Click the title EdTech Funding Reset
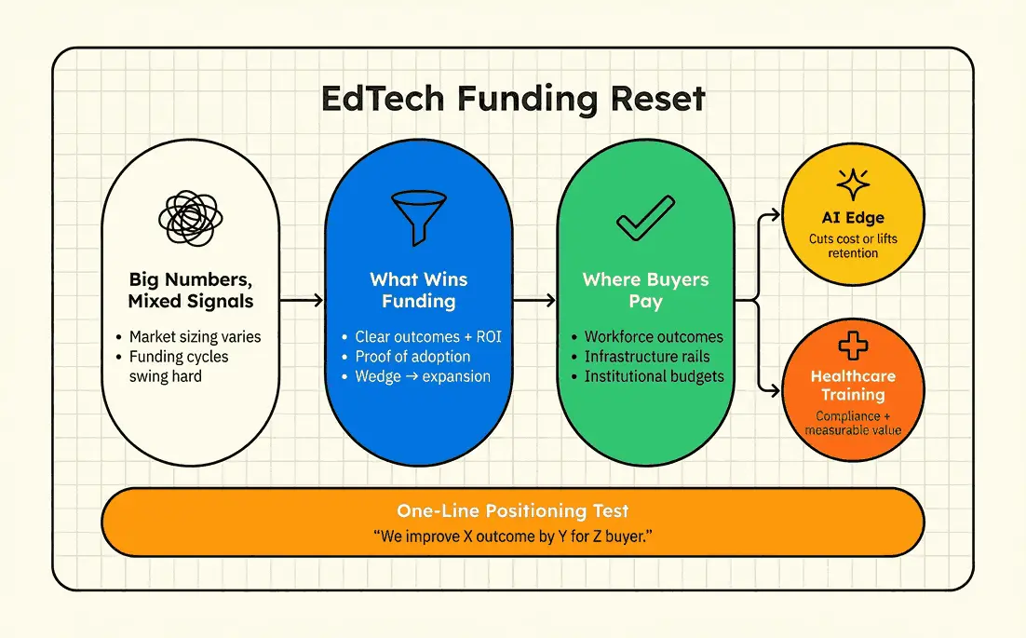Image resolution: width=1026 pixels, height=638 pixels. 513,99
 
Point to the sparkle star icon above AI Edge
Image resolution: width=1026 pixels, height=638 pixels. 853,185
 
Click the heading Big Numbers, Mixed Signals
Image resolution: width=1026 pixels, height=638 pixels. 190,290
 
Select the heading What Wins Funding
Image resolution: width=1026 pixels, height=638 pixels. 418,290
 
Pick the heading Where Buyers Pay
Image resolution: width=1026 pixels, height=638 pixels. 645,290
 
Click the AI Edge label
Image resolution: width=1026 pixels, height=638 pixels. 853,218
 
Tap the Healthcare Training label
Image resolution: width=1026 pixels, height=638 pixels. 853,386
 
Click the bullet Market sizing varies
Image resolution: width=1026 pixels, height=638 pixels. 196,337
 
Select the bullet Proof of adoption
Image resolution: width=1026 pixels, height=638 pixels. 412,357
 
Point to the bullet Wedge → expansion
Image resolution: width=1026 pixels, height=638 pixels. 422,377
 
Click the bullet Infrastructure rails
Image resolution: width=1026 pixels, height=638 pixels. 647,357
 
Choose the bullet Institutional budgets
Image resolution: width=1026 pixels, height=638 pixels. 653,377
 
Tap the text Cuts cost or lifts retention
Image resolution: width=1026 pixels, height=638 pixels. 853,246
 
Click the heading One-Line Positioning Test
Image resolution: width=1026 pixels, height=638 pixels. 512,510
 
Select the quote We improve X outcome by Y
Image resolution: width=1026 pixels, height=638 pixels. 512,536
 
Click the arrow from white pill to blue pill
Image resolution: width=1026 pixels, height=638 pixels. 302,300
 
